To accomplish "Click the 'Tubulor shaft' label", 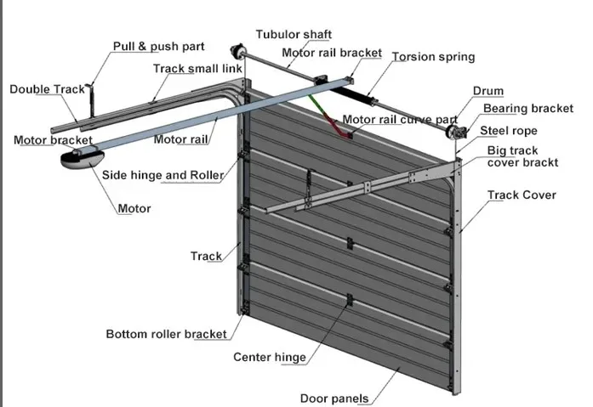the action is [x=294, y=34].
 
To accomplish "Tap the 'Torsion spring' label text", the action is [x=433, y=57].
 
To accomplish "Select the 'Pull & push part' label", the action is [x=158, y=46].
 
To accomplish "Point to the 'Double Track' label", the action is [x=47, y=89].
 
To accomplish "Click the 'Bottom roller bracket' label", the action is [x=166, y=334].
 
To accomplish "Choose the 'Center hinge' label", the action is [x=269, y=357].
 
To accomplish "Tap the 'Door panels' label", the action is [x=334, y=399].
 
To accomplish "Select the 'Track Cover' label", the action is [x=522, y=195].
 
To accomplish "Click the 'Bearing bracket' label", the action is [x=528, y=109].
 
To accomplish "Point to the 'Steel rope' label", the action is [x=508, y=131].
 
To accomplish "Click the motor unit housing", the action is [x=82, y=159].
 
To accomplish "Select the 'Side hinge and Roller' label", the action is [x=163, y=175].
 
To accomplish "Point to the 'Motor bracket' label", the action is [x=53, y=140].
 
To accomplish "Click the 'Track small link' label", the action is [x=197, y=68].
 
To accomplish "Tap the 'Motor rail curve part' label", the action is [x=400, y=119].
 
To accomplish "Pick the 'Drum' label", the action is [x=488, y=91].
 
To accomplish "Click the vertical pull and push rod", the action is [x=91, y=101].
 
